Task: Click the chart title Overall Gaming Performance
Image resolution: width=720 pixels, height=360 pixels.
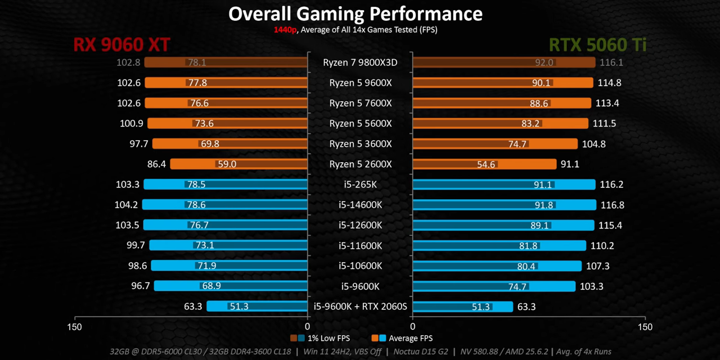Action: tap(355, 14)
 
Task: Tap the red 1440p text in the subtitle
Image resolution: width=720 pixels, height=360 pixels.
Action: tap(285, 30)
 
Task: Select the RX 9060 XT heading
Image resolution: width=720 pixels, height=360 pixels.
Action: tap(121, 45)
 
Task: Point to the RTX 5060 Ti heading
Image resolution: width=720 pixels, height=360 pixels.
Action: tap(597, 45)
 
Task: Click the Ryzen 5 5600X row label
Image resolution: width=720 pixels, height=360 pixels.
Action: tap(360, 123)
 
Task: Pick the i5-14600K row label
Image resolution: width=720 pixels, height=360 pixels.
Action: tap(360, 205)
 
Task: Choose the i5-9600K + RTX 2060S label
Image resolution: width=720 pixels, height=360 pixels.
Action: tap(360, 307)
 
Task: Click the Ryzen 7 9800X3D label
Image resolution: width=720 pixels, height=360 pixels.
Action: tap(360, 62)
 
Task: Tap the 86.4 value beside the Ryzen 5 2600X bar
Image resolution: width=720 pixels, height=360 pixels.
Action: tap(156, 164)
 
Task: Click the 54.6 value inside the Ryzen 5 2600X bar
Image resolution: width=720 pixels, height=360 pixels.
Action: tap(486, 164)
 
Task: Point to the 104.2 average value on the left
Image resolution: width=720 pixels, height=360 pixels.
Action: tap(127, 205)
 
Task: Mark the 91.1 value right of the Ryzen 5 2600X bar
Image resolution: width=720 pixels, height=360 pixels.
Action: tap(570, 164)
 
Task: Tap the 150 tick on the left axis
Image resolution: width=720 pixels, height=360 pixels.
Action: tap(74, 327)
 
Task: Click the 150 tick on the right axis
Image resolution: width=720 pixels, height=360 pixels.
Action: tap(645, 327)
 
